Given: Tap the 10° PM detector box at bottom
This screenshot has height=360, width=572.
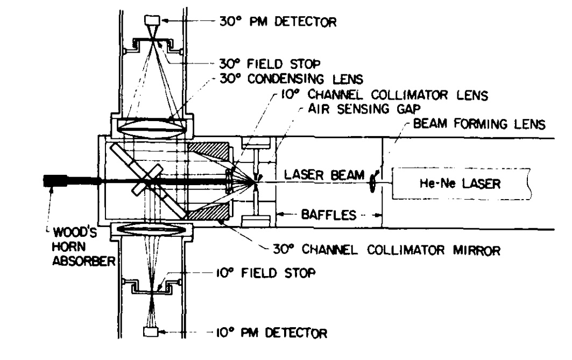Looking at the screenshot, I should tap(150, 331).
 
